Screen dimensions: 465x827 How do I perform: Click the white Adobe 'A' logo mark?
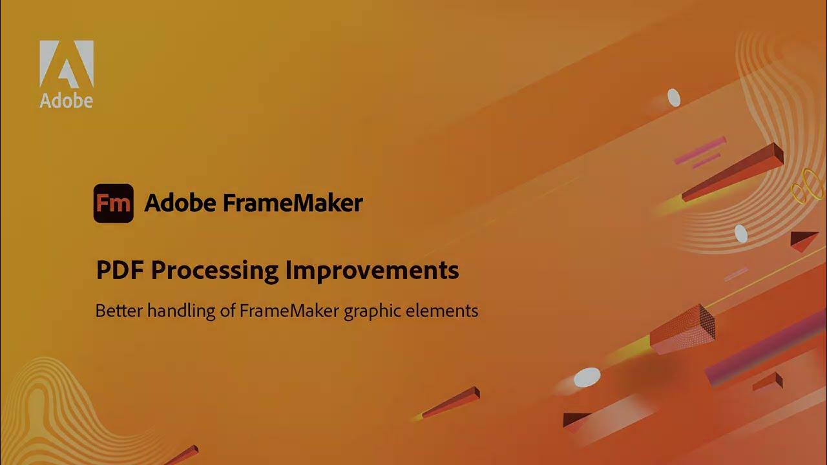point(67,64)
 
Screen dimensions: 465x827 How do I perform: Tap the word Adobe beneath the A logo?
point(66,100)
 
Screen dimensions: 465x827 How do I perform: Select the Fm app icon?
point(114,203)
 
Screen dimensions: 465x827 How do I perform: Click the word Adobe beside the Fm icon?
point(180,203)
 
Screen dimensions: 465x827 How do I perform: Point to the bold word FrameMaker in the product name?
point(293,203)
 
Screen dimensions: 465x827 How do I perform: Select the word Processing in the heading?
point(215,271)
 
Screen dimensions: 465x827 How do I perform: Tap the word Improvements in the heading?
point(372,270)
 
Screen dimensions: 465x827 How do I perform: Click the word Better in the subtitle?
point(119,311)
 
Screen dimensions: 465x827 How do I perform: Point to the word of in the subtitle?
point(225,311)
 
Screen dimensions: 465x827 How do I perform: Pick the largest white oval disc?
point(587,377)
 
